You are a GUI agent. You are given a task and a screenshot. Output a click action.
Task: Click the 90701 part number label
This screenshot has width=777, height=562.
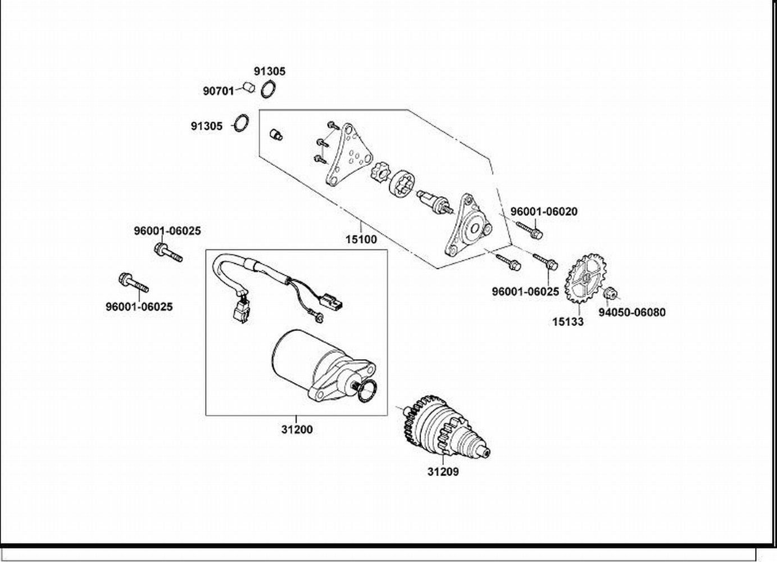218,90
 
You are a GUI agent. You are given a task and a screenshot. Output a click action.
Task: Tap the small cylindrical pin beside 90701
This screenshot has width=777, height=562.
249,87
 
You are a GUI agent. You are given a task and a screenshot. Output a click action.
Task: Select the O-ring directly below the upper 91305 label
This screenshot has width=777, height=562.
269,88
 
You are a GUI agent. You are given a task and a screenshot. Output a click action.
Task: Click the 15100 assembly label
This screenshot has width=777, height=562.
361,239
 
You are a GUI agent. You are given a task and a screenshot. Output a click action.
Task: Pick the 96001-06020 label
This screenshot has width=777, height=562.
543,212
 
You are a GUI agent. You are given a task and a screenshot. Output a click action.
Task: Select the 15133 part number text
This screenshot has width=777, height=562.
567,322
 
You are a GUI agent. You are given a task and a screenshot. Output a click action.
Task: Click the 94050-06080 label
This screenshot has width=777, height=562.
631,312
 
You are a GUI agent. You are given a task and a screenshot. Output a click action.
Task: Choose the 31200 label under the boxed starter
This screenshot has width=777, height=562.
297,430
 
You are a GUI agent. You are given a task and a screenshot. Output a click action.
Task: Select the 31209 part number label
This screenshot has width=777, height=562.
443,472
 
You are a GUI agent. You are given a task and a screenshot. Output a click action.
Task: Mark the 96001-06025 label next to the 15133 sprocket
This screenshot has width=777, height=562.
525,292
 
